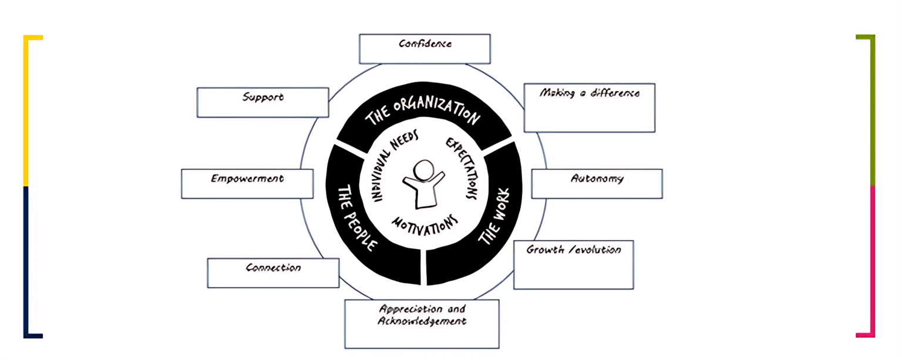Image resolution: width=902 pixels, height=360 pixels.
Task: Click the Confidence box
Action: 425,49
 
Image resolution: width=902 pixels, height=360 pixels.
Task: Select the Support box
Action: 262,103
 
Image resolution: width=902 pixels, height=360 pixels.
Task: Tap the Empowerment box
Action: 247,184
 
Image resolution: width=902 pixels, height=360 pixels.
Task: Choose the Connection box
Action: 273,273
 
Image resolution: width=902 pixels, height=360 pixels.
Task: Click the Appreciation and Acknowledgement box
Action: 422,324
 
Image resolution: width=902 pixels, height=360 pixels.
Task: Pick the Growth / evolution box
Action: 573,265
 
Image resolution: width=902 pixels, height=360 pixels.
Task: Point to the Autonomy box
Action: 597,184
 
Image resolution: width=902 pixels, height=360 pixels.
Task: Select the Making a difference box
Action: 589,108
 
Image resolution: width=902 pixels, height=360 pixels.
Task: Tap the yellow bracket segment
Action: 26,112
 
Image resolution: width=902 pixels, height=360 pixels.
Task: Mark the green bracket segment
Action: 873,112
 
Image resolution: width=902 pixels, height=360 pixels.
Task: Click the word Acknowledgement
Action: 422,321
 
